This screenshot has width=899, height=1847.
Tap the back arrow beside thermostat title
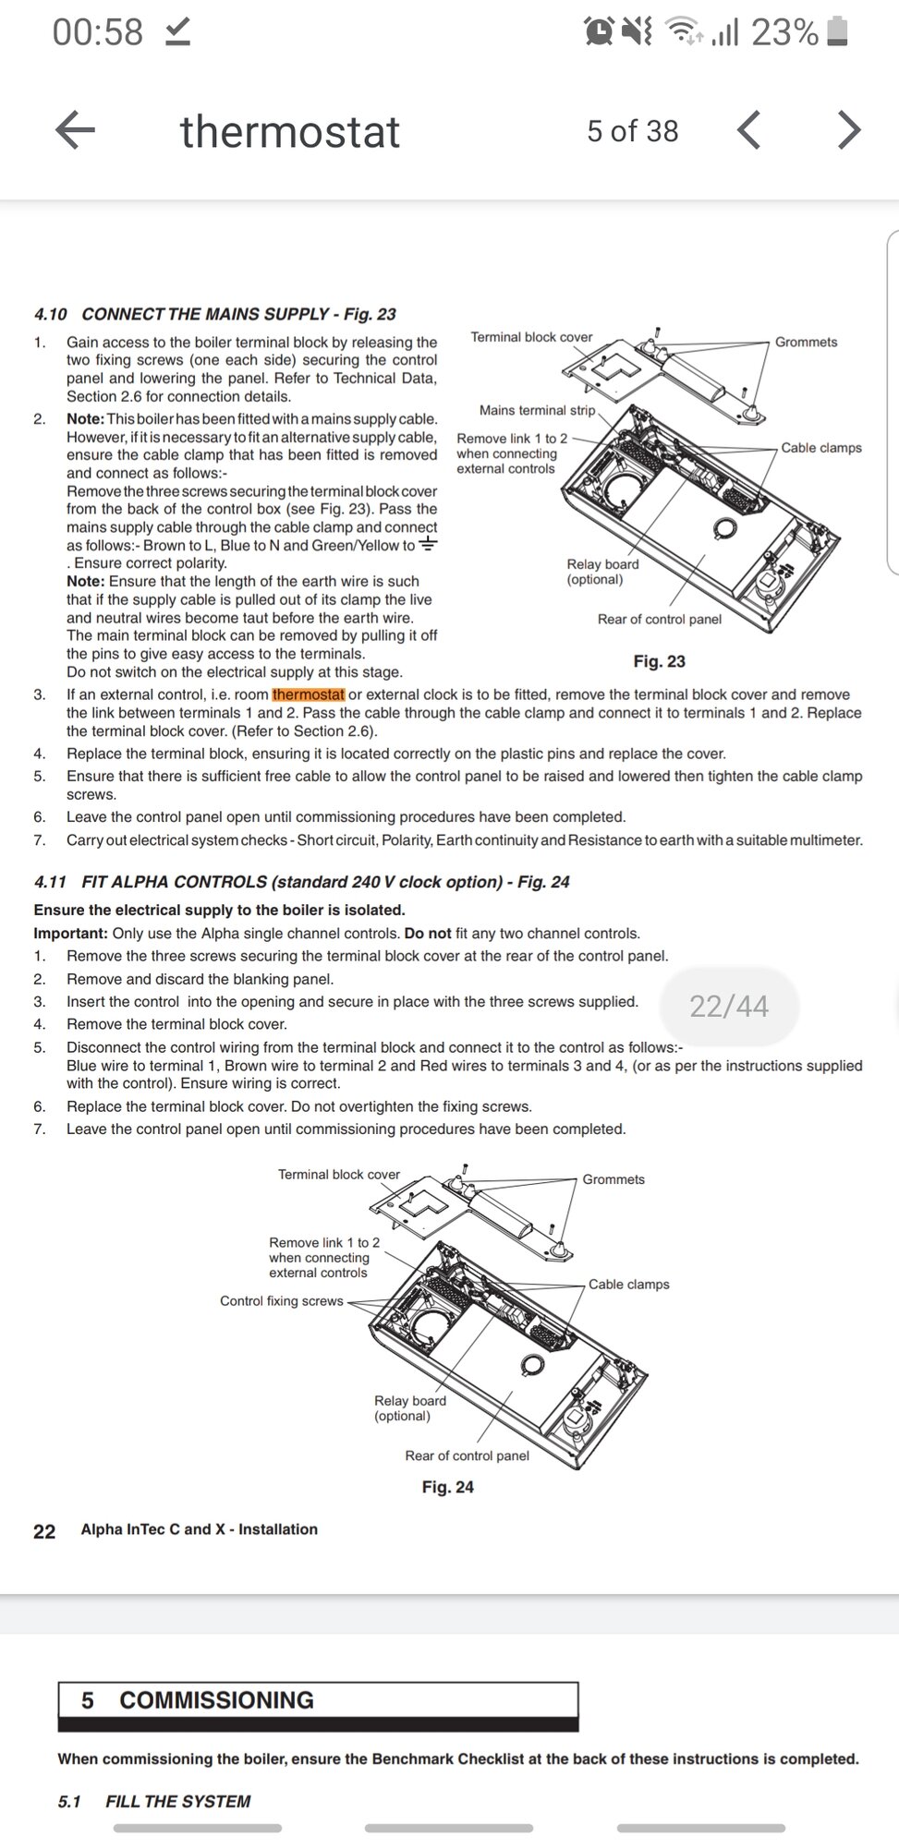[x=76, y=130]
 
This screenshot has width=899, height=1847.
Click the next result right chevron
[x=848, y=130]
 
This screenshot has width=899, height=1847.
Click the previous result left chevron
[x=749, y=130]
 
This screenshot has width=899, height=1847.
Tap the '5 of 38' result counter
[x=632, y=131]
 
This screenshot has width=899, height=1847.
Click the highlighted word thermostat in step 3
[x=309, y=694]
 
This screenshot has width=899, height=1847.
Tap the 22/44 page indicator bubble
[x=728, y=1006]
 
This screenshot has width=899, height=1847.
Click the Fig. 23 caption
[x=659, y=661]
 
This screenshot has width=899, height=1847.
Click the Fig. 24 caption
[x=447, y=1487]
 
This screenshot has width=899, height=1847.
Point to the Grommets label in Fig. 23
[x=806, y=342]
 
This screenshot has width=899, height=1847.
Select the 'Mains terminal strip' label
[x=537, y=410]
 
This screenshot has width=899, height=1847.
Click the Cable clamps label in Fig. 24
[x=628, y=1284]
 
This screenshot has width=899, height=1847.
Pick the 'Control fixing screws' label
[x=281, y=1300]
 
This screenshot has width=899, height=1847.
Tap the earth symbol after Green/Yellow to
[x=427, y=544]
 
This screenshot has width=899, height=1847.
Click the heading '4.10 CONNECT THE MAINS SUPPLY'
[x=215, y=314]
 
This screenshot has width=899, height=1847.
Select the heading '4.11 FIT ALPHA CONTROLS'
[x=301, y=882]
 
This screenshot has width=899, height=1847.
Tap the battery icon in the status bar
[x=837, y=32]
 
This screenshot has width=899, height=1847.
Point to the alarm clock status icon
[x=599, y=32]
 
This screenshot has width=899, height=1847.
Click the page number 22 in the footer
[x=44, y=1531]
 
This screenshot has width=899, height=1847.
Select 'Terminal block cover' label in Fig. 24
[x=339, y=1175]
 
